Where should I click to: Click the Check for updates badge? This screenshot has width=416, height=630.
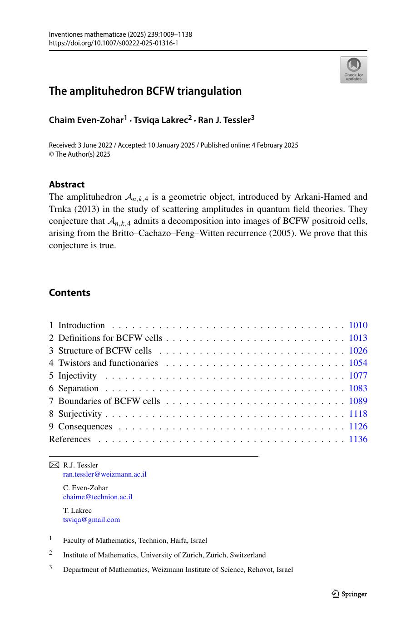point(353,69)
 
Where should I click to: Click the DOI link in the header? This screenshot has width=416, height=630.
point(113,43)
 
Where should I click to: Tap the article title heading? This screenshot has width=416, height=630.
point(145,91)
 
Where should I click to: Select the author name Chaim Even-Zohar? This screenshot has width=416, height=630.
point(86,120)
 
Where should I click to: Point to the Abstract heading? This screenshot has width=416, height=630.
point(66,184)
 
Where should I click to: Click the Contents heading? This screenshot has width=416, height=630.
point(69,293)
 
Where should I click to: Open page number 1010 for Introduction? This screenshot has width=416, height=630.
point(358,325)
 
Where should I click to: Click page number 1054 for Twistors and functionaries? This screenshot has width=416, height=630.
point(358,363)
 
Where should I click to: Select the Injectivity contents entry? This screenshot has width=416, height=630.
point(77,376)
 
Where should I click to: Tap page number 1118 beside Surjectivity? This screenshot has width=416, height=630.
point(358,414)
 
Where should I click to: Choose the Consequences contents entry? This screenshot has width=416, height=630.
point(85,427)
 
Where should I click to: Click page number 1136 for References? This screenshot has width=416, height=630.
point(358,439)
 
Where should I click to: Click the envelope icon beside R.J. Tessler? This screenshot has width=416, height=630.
point(54,465)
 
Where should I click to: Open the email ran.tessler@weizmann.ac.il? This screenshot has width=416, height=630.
point(104,474)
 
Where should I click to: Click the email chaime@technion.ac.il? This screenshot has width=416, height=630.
point(98,497)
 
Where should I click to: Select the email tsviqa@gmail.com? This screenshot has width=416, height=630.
point(91,520)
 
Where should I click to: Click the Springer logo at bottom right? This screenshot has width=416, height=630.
point(349,594)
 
